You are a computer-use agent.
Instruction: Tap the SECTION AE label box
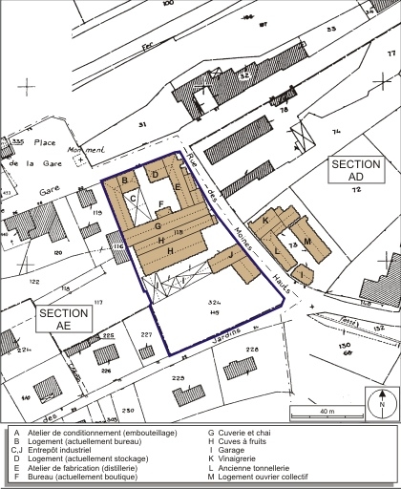click(64, 319)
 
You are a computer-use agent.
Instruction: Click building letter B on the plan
click(125, 180)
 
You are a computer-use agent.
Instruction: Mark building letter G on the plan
click(158, 226)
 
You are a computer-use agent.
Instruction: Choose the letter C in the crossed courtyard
click(134, 199)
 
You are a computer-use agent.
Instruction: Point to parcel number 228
click(252, 351)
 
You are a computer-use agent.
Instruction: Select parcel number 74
click(335, 132)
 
